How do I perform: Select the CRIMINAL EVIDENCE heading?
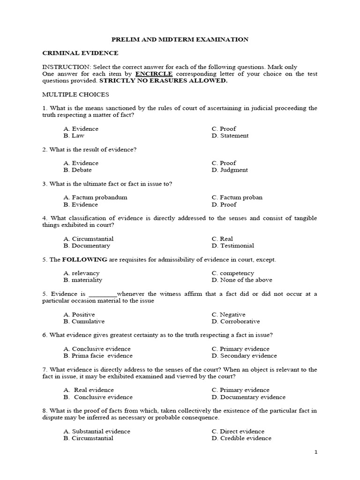pyautogui.click(x=80, y=53)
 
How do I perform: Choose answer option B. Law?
pyautogui.click(x=73, y=135)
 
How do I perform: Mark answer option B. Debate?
pyautogui.click(x=77, y=170)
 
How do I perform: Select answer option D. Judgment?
pyautogui.click(x=230, y=170)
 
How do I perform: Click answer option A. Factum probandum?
pyautogui.click(x=95, y=197)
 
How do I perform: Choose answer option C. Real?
pyautogui.click(x=222, y=239)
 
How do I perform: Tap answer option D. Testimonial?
pyautogui.click(x=232, y=246)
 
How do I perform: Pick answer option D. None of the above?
pyautogui.click(x=241, y=280)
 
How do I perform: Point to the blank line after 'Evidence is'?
pyautogui.click(x=102, y=294)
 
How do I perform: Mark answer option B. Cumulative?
pyautogui.click(x=84, y=322)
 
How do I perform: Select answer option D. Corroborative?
pyautogui.click(x=235, y=322)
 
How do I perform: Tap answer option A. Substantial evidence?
pyautogui.click(x=97, y=431)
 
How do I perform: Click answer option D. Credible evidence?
pyautogui.click(x=241, y=438)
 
